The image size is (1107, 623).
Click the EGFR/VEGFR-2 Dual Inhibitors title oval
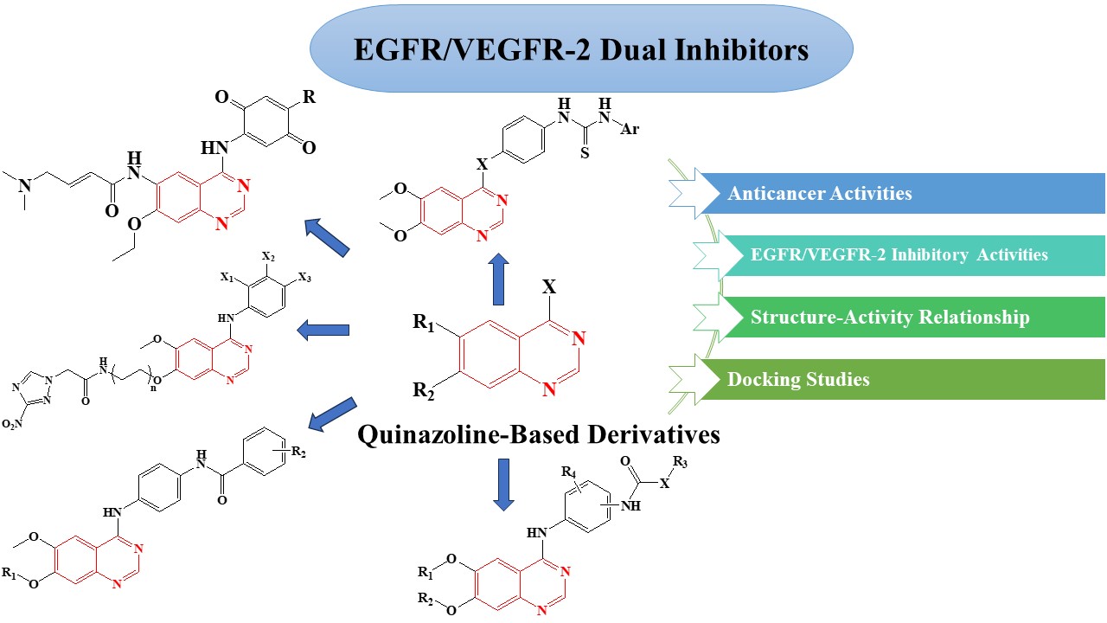(x=580, y=49)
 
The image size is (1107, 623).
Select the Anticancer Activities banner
(x=899, y=193)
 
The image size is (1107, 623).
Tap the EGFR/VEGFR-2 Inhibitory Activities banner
(x=899, y=255)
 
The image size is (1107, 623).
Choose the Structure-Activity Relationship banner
(x=899, y=318)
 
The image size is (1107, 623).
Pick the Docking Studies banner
(x=899, y=379)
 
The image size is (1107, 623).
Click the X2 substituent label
(x=269, y=259)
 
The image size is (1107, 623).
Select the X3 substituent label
(x=304, y=278)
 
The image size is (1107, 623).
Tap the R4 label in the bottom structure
(x=568, y=471)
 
